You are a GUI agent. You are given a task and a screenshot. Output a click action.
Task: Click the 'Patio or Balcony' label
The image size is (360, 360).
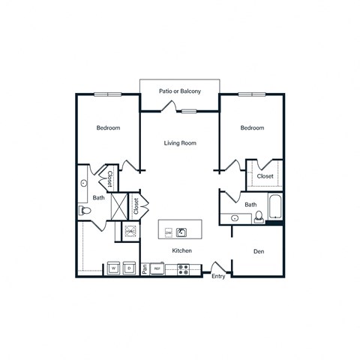(179, 91)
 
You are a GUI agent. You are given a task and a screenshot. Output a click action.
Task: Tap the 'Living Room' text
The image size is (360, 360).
(180, 142)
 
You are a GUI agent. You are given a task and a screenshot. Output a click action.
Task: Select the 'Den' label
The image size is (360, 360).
(258, 252)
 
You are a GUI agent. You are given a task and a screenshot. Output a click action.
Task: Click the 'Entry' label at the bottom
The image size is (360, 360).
(218, 277)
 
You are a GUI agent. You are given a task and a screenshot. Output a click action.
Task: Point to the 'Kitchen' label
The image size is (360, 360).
(182, 250)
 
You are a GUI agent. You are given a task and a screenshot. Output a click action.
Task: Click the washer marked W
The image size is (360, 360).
(113, 267)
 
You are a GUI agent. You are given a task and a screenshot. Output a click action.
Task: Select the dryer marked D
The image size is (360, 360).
(130, 267)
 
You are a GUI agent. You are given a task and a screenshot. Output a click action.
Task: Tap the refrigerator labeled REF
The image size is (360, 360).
(157, 268)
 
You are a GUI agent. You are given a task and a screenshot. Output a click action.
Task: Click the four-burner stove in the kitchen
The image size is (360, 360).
(183, 268)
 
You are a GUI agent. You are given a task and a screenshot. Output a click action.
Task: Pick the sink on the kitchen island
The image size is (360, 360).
(181, 232)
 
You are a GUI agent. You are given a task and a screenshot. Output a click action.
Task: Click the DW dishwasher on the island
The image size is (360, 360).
(168, 232)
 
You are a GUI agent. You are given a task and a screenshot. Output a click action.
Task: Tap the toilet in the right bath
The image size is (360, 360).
(259, 217)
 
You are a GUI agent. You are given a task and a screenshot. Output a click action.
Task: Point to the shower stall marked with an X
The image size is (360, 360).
(118, 205)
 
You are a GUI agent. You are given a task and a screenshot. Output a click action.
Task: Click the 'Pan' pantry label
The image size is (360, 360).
(145, 268)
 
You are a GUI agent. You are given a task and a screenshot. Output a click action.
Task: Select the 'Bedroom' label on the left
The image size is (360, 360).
(108, 128)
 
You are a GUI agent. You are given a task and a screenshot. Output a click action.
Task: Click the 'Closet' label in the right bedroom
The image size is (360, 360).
(265, 176)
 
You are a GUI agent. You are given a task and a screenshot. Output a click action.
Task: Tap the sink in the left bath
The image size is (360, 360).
(84, 182)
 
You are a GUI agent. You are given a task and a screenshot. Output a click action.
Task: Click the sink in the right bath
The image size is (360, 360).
(235, 218)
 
